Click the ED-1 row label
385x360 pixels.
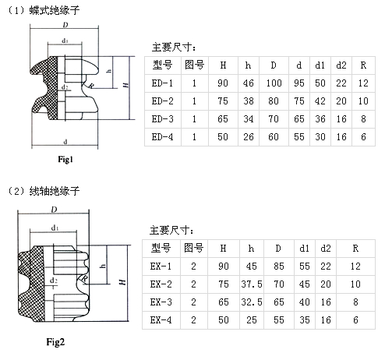162,83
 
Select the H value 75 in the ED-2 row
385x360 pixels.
223,101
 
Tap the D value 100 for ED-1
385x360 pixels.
274,83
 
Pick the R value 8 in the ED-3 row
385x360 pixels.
363,119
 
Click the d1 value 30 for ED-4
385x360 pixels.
320,137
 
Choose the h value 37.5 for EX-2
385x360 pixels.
252,284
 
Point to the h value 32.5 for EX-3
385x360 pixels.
252,302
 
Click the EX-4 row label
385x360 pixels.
161,320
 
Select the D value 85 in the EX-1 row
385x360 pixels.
279,266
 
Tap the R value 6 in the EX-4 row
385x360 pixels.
355,320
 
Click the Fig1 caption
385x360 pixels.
65,159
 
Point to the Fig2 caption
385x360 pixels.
55,342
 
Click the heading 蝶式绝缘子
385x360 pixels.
55,10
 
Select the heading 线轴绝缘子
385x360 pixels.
55,191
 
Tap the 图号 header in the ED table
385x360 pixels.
194,65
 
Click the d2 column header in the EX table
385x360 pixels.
326,249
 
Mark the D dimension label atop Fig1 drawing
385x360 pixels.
65,25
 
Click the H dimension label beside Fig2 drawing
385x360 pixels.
122,282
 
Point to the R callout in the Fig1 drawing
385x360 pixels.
91,86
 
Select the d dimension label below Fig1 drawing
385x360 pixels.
65,142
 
